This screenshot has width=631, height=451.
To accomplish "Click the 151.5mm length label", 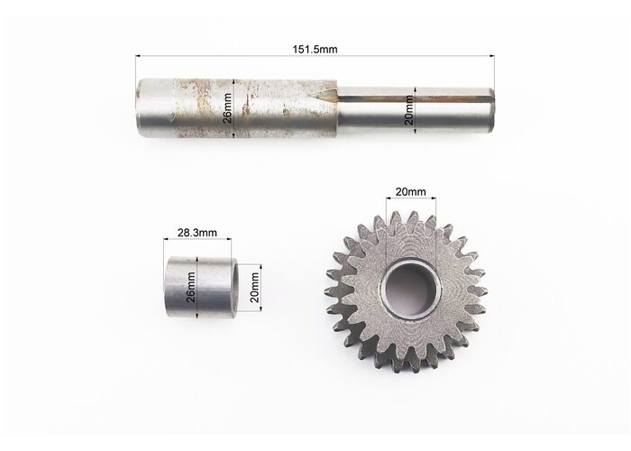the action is click(x=315, y=49).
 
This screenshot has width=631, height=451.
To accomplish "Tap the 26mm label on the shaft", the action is click(x=227, y=108).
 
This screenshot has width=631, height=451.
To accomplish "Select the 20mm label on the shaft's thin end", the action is click(x=409, y=109).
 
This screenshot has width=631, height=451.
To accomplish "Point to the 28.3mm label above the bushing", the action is click(x=197, y=233).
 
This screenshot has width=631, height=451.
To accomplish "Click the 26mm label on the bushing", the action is click(x=191, y=287).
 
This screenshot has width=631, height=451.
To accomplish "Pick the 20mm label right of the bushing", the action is click(x=254, y=288).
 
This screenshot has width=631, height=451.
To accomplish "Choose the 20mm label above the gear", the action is click(x=410, y=191).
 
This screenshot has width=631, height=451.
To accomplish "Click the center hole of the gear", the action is click(x=410, y=287).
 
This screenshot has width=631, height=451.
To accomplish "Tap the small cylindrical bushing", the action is click(x=201, y=287).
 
